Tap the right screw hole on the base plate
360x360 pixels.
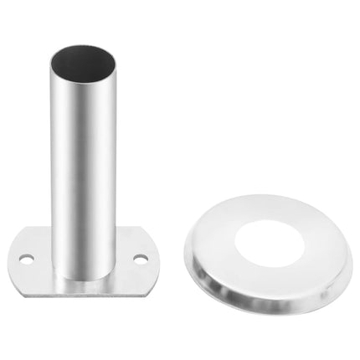pos(140,258)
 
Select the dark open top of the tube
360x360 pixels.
pos(83,60)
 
